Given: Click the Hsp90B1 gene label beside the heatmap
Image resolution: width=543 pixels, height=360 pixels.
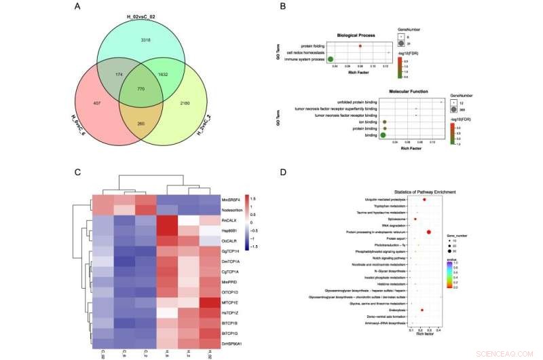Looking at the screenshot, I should click(231, 231).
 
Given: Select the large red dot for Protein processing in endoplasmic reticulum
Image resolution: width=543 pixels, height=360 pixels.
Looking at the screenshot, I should click(429, 232).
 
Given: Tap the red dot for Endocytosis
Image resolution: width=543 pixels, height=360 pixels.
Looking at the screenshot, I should click(422, 310).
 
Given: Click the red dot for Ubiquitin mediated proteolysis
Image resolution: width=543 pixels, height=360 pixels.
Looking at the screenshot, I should click(424, 200).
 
